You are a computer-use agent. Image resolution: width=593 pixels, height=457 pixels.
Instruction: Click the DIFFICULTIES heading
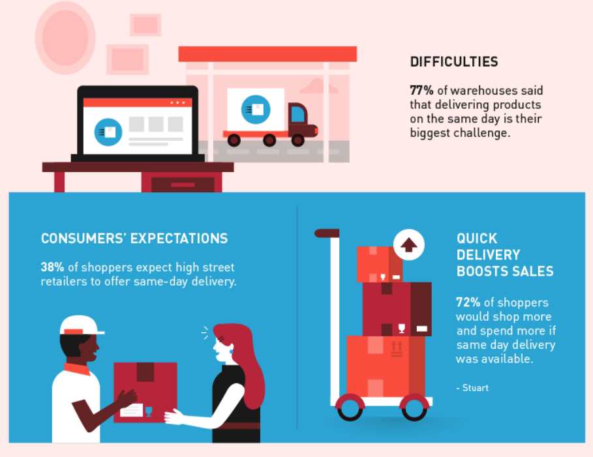(x=454, y=62)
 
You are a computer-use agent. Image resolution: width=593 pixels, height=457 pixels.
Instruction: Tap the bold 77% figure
(x=421, y=91)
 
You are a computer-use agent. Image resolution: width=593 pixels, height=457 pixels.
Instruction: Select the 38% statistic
(x=53, y=267)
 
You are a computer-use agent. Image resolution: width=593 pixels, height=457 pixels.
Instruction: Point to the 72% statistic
(x=468, y=302)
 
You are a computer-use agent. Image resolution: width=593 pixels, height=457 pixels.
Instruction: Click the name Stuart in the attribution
(x=476, y=388)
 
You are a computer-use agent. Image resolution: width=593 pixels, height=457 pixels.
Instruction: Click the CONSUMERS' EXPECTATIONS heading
(x=134, y=239)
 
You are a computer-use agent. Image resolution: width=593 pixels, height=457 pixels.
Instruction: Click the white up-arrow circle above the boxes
(x=409, y=244)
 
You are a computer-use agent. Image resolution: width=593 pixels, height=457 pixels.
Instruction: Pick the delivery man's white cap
(x=82, y=326)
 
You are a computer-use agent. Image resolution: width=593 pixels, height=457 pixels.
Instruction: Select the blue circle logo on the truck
(x=256, y=110)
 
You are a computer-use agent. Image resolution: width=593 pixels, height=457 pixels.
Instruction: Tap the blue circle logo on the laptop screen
(x=108, y=132)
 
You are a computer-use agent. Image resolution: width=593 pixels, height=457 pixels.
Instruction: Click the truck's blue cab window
(x=297, y=114)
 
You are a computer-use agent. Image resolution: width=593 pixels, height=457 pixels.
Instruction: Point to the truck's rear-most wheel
(x=234, y=140)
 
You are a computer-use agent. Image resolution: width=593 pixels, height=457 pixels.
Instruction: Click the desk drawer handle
(x=183, y=185)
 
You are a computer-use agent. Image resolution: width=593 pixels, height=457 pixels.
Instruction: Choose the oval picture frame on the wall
(x=65, y=38)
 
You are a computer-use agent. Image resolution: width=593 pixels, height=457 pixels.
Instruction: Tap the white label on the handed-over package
(x=131, y=410)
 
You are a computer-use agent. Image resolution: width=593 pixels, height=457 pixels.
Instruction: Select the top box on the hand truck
(x=380, y=264)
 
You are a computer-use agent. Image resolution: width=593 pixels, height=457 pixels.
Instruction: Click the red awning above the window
(x=267, y=54)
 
